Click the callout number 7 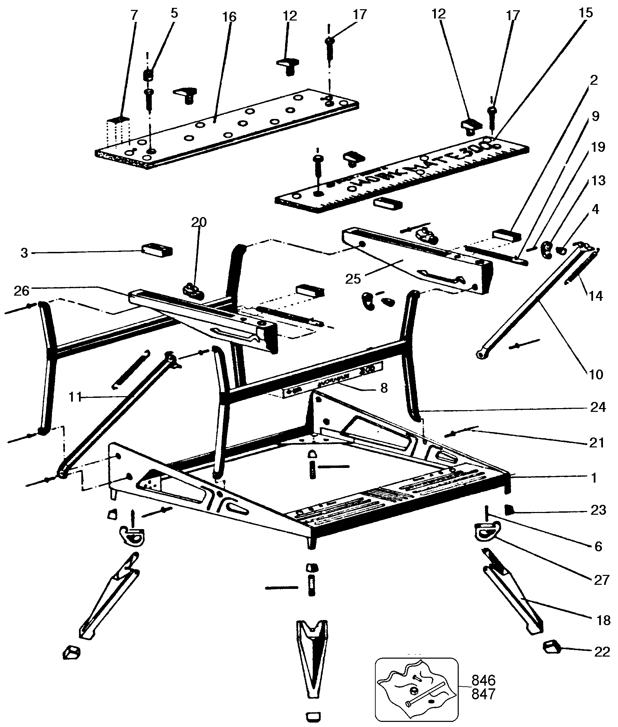tap(134, 15)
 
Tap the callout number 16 tap(229, 16)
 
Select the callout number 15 tap(586, 13)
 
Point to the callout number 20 tap(199, 222)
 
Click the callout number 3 tap(24, 253)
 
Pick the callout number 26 tap(22, 291)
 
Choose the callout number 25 tap(353, 279)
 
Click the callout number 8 tap(384, 388)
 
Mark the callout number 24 tap(598, 407)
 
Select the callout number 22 tap(602, 652)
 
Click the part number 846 tap(483, 681)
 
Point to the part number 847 tap(483, 694)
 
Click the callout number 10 tap(596, 375)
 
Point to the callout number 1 tap(593, 478)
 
